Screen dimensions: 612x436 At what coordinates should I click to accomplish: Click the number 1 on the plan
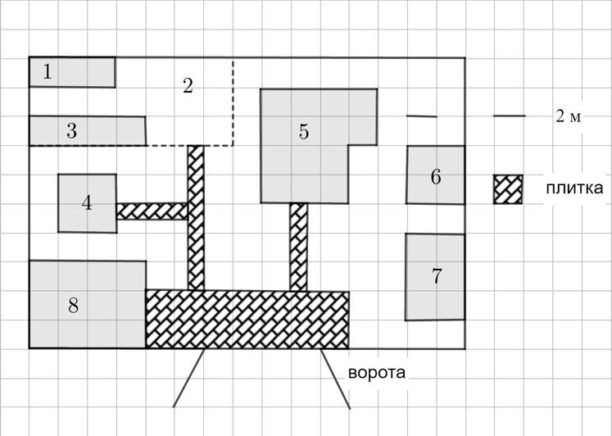click(x=48, y=72)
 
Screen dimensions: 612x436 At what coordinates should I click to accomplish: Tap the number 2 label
click(x=188, y=86)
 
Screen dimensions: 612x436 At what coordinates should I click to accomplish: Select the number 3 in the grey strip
click(x=71, y=131)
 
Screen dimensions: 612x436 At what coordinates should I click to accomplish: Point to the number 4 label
click(x=87, y=203)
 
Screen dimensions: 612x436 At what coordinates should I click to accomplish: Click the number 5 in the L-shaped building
click(x=304, y=132)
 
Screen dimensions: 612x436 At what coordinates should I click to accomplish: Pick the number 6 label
click(x=436, y=176)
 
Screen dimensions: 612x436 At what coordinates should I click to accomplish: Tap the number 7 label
click(x=437, y=276)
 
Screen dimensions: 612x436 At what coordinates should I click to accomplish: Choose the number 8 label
click(x=74, y=305)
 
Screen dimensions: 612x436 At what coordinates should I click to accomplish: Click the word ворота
click(x=377, y=372)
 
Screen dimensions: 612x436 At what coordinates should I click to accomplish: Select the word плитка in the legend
click(x=574, y=188)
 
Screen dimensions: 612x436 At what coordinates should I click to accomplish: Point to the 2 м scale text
click(x=569, y=116)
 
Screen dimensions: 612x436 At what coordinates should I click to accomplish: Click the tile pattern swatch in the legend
click(x=508, y=189)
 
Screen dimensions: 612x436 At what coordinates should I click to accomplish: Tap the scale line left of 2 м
click(x=510, y=116)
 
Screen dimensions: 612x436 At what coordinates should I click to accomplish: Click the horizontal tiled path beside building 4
click(x=152, y=211)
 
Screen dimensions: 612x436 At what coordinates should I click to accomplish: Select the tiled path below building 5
click(x=298, y=247)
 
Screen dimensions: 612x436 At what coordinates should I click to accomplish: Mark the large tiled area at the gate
click(x=247, y=319)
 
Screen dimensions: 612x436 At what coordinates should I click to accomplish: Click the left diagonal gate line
click(x=189, y=378)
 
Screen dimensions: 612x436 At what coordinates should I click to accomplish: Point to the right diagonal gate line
click(x=335, y=379)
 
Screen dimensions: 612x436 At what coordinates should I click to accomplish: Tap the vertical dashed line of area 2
click(x=233, y=102)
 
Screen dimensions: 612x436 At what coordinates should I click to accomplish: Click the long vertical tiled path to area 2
click(x=196, y=218)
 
